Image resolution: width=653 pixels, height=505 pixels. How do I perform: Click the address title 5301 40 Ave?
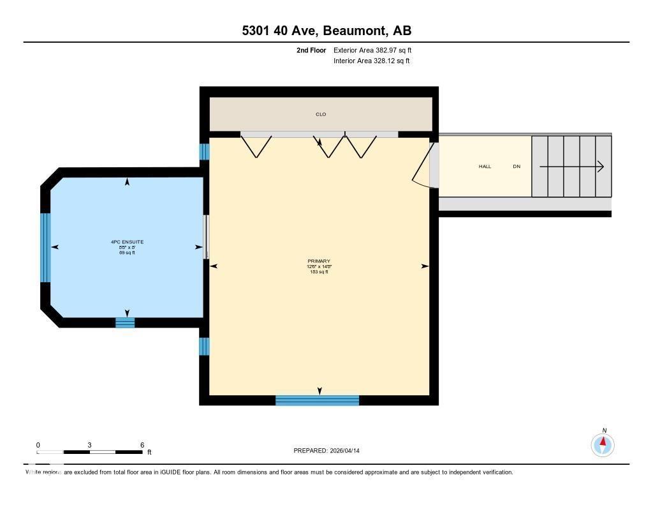[326, 31]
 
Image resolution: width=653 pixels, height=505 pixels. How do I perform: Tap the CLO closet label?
[321, 114]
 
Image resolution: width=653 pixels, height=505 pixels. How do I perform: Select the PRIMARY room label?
[319, 261]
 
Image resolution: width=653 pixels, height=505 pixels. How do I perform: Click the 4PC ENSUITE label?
[127, 242]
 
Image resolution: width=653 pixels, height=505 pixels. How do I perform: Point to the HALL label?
[485, 167]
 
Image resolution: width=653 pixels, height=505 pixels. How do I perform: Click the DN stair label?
[517, 167]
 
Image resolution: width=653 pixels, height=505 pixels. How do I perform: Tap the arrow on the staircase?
[571, 167]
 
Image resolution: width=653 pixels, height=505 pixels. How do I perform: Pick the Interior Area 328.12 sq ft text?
[371, 61]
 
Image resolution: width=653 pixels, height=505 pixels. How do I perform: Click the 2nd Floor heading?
[311, 50]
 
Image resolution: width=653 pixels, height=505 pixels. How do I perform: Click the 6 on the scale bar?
[142, 445]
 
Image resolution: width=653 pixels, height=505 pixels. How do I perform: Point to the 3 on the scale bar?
[90, 445]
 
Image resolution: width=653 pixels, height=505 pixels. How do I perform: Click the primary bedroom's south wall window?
[317, 400]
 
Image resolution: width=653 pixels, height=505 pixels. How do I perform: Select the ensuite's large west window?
[45, 248]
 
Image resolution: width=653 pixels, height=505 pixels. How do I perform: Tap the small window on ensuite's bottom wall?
[125, 322]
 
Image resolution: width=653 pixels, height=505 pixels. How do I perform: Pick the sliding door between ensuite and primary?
[205, 237]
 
